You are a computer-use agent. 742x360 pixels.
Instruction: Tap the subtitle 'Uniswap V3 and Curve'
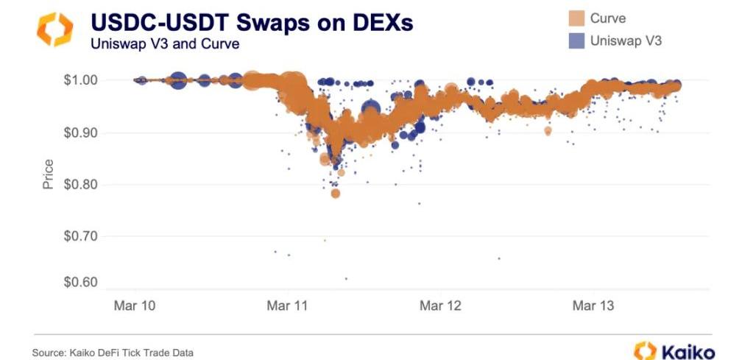pyautogui.click(x=164, y=43)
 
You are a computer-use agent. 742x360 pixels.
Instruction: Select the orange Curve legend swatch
pyautogui.click(x=577, y=18)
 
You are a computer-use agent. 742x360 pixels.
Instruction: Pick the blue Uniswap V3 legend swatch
pyautogui.click(x=577, y=40)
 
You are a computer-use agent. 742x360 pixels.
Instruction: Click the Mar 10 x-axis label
pyautogui.click(x=134, y=306)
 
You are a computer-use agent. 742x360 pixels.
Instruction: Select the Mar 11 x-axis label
pyautogui.click(x=287, y=306)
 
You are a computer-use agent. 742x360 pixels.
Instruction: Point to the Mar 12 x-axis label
pyautogui.click(x=440, y=306)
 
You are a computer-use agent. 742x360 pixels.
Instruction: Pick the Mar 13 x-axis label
pyautogui.click(x=593, y=306)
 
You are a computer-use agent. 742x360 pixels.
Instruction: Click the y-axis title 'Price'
pyautogui.click(x=49, y=174)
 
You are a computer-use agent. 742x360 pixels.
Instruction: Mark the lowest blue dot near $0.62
pyautogui.click(x=346, y=278)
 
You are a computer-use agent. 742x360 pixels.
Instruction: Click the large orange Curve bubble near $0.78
pyautogui.click(x=336, y=194)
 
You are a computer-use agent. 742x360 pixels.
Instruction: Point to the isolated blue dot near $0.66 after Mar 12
pyautogui.click(x=499, y=258)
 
